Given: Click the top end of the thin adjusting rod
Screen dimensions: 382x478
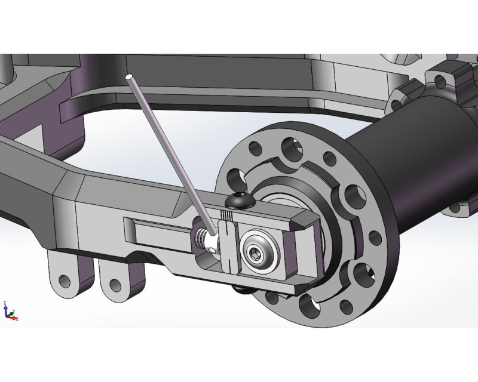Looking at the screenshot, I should click(x=129, y=78).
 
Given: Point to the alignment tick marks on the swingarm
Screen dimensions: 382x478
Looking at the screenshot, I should click(x=226, y=215).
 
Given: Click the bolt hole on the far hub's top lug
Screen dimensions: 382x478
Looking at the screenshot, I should click(x=443, y=80).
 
